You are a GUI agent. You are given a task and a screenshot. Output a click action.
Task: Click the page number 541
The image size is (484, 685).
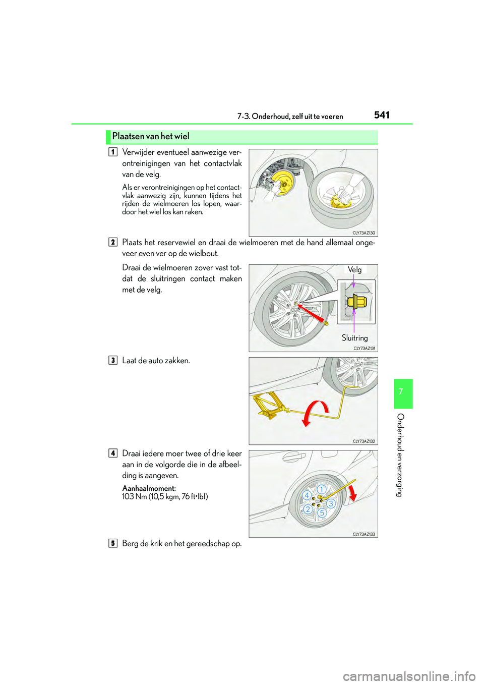[382, 115]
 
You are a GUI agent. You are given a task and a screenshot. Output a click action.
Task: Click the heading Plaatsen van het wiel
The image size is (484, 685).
[151, 136]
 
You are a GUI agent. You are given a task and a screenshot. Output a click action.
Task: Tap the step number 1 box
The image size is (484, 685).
[113, 152]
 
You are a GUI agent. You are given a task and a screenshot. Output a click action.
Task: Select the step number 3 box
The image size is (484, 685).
[113, 360]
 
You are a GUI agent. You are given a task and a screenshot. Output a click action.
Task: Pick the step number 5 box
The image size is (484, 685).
[113, 543]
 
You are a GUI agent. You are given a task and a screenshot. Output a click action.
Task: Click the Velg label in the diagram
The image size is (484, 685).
[354, 270]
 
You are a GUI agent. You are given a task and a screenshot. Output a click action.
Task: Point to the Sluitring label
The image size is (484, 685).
[354, 338]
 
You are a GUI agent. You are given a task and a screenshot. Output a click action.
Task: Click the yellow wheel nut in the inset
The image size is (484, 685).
[356, 302]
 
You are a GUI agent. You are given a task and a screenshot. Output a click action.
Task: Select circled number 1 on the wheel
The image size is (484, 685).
[321, 489]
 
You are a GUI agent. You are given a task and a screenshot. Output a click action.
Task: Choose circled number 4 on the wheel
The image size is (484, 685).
[307, 495]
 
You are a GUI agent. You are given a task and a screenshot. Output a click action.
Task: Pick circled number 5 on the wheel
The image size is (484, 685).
[322, 513]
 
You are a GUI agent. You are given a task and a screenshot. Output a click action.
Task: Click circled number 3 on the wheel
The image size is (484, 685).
[331, 503]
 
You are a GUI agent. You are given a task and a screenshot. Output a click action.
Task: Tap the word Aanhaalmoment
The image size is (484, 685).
[149, 488]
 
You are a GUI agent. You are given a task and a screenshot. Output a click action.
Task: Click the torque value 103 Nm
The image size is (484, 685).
[135, 497]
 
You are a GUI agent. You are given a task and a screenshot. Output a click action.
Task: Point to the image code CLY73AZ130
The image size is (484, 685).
[364, 233]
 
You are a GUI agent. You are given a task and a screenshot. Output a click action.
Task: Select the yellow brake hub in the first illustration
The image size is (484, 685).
[283, 183]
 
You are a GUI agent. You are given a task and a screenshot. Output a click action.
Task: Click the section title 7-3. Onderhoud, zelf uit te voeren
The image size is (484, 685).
[290, 117]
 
